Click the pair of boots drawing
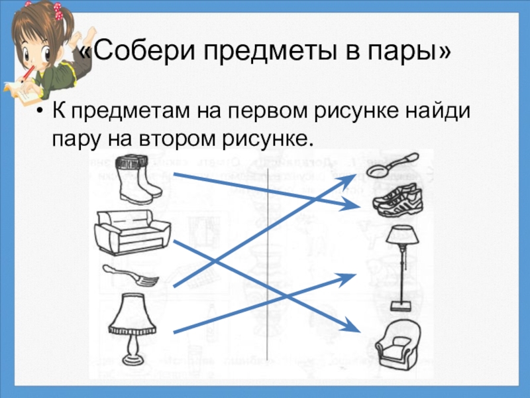[x=137, y=178]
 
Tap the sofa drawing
[x=132, y=230]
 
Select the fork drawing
[x=129, y=274]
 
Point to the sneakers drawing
[x=396, y=197]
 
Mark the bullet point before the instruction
[x=41, y=111]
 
